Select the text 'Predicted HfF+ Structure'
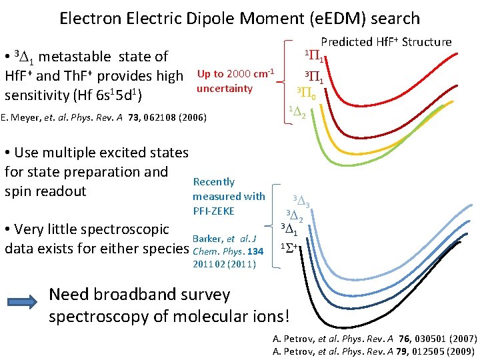click(386, 42)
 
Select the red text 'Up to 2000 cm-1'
click(237, 73)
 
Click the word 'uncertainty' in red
click(225, 89)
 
